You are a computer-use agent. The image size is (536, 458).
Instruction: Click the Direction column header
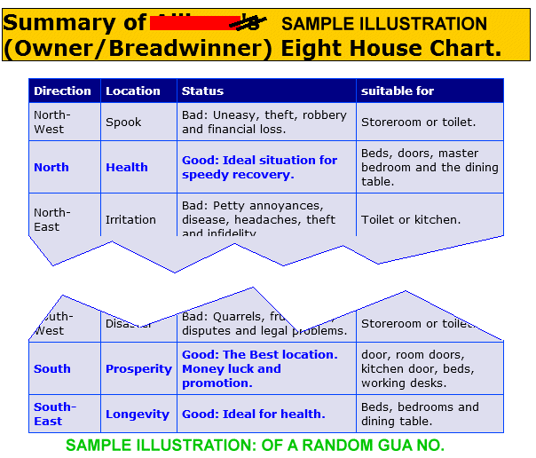pos(62,91)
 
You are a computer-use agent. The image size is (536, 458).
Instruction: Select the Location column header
pos(133,91)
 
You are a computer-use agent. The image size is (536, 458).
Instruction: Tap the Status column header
pos(202,91)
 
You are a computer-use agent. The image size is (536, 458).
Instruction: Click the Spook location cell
pos(123,122)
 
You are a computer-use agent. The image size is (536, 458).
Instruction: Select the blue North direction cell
pos(51,167)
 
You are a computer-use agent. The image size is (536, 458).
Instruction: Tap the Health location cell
pos(127,167)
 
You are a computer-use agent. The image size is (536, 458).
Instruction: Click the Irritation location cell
pos(130,219)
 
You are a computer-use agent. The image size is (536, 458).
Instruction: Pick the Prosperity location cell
pos(138,369)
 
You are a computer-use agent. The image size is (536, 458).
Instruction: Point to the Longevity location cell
pos(138,415)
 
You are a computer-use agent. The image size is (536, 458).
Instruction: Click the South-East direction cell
pos(54,415)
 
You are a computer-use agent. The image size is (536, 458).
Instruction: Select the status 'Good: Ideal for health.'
pos(254,415)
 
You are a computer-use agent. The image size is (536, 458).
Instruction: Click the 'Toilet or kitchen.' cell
pos(411,219)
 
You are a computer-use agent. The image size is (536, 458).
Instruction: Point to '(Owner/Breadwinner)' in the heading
pos(138,48)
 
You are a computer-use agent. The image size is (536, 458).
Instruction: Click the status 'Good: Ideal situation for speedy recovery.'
pos(259,167)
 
